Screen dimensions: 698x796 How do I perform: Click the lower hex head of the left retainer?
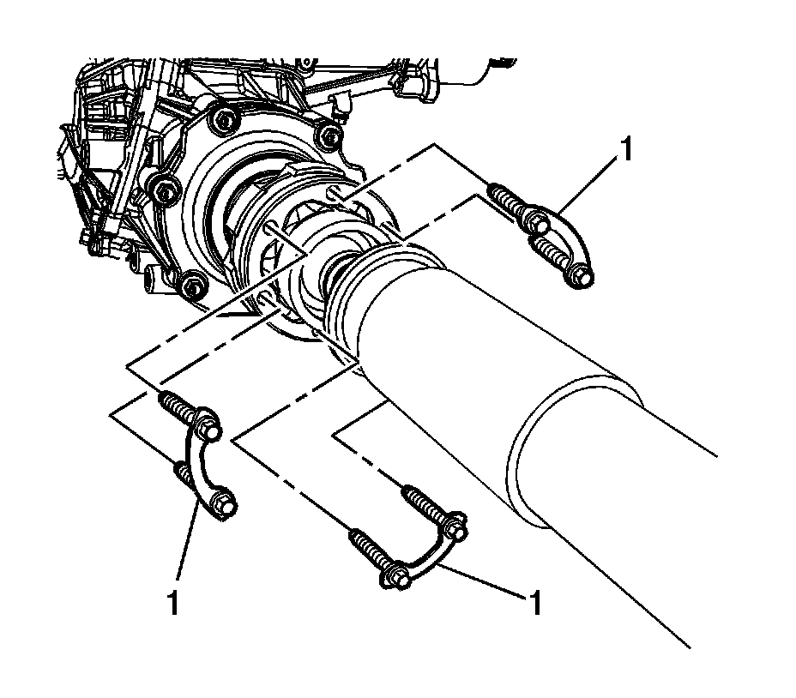221,503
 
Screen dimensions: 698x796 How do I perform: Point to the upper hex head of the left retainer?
208,424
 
